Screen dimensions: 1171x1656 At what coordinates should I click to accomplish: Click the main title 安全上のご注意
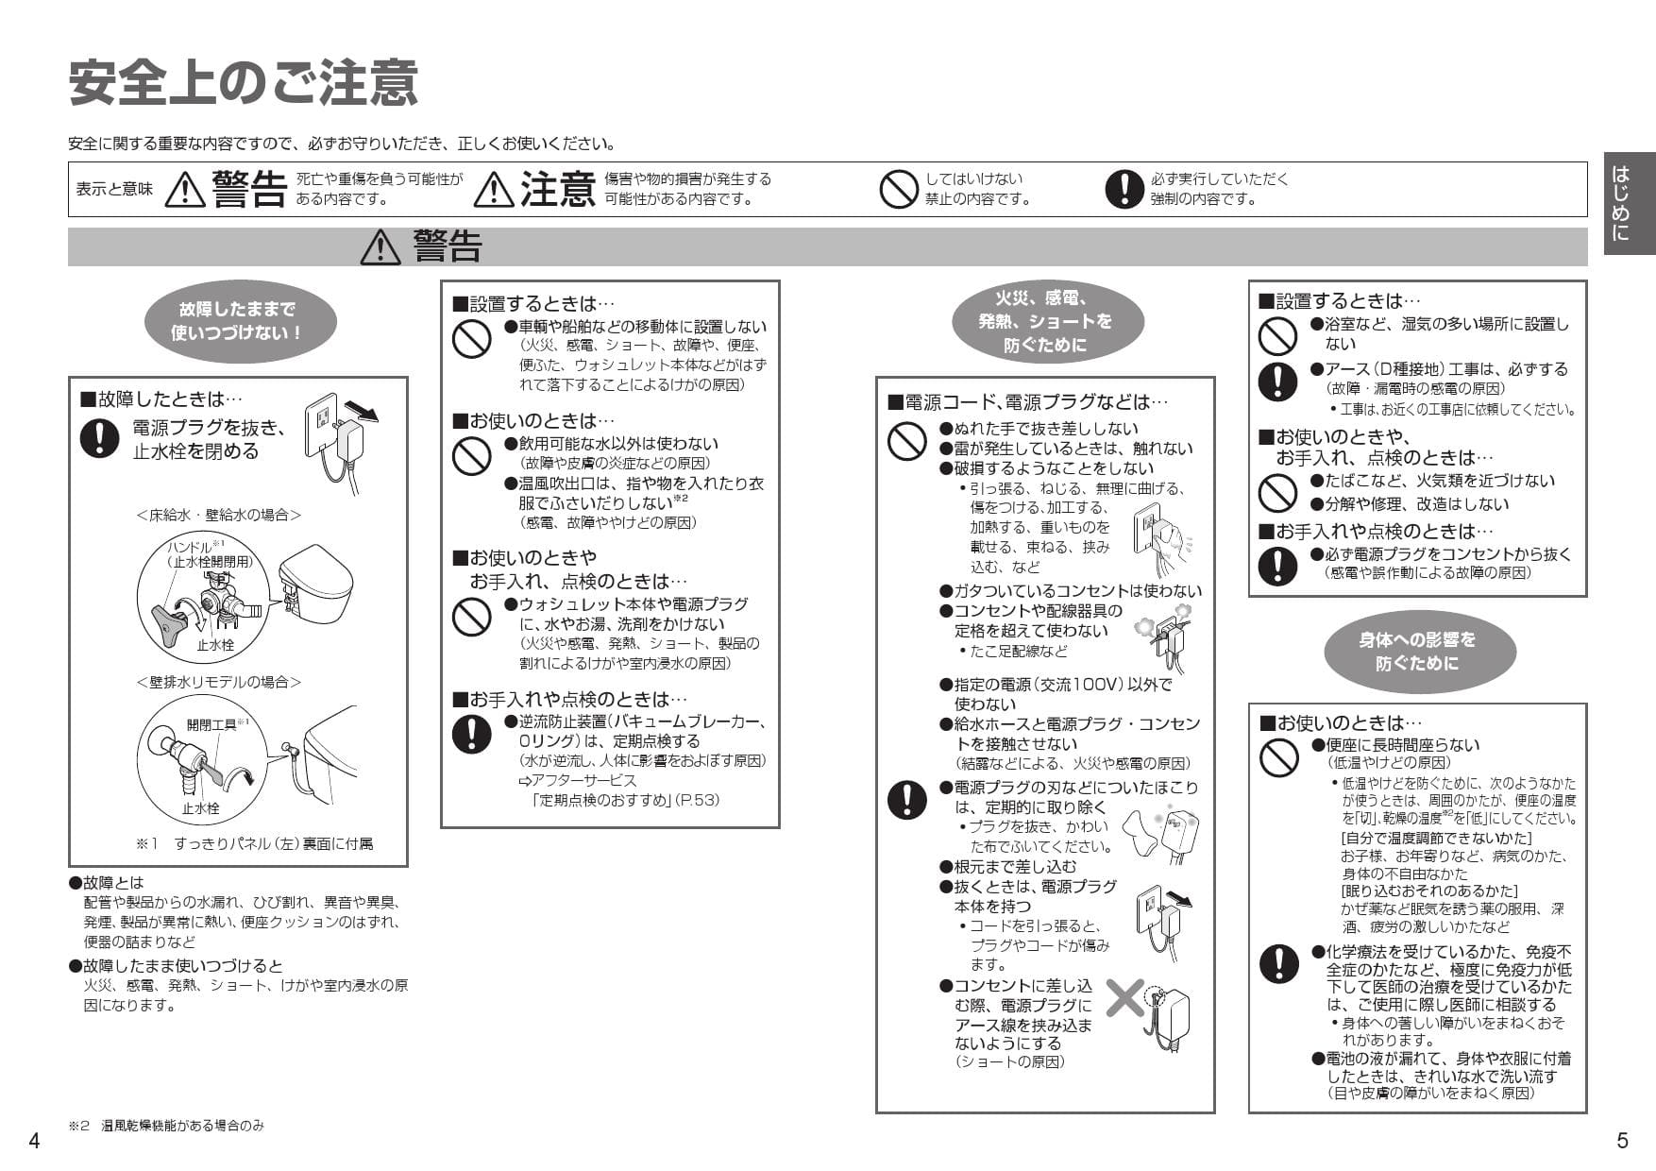coord(244,83)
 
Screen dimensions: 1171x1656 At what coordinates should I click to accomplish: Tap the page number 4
coord(34,1141)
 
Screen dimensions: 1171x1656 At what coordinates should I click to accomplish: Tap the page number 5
coord(1622,1141)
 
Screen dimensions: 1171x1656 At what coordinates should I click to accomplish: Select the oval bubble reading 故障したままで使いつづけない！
coord(237,321)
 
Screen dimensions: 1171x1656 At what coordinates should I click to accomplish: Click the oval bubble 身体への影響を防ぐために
coord(1416,652)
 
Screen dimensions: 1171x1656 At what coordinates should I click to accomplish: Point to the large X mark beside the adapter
coord(1124,997)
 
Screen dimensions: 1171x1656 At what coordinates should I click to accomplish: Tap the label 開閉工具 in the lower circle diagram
coord(211,724)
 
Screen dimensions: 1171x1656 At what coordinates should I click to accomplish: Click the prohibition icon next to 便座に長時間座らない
coord(1278,756)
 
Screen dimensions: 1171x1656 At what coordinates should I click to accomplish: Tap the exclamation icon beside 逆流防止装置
coord(471,734)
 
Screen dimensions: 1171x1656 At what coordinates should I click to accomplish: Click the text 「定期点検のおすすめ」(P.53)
coord(623,800)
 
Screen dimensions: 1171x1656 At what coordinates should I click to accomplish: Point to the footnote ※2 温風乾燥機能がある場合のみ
coord(166,1126)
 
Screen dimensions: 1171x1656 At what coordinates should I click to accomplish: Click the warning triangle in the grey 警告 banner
coord(380,247)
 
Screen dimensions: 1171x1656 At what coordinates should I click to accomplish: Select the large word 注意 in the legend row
coord(557,189)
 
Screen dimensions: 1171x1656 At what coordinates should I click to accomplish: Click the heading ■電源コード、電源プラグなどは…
coord(1027,402)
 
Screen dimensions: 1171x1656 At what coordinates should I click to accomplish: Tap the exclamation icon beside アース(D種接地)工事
coord(1277,381)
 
